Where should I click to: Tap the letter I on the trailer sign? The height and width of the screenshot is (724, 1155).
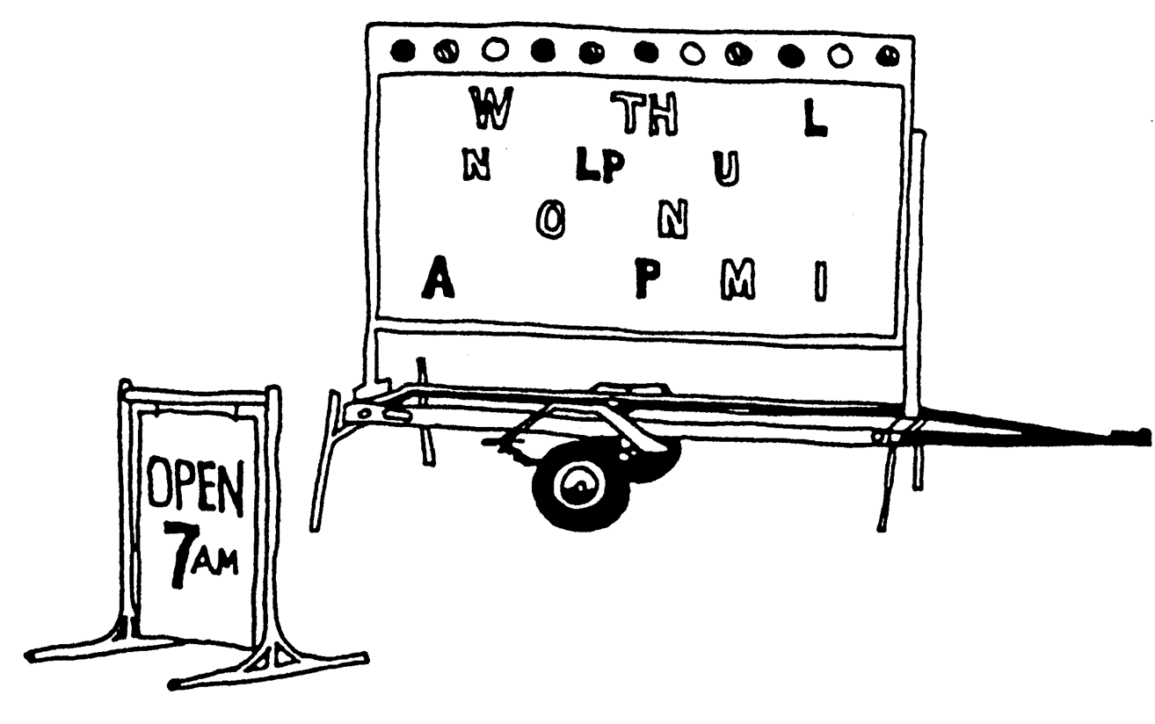click(x=819, y=279)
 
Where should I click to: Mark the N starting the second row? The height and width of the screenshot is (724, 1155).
click(x=476, y=163)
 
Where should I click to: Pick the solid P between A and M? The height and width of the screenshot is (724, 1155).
click(x=649, y=279)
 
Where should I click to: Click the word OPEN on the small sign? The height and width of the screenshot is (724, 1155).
click(x=193, y=497)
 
